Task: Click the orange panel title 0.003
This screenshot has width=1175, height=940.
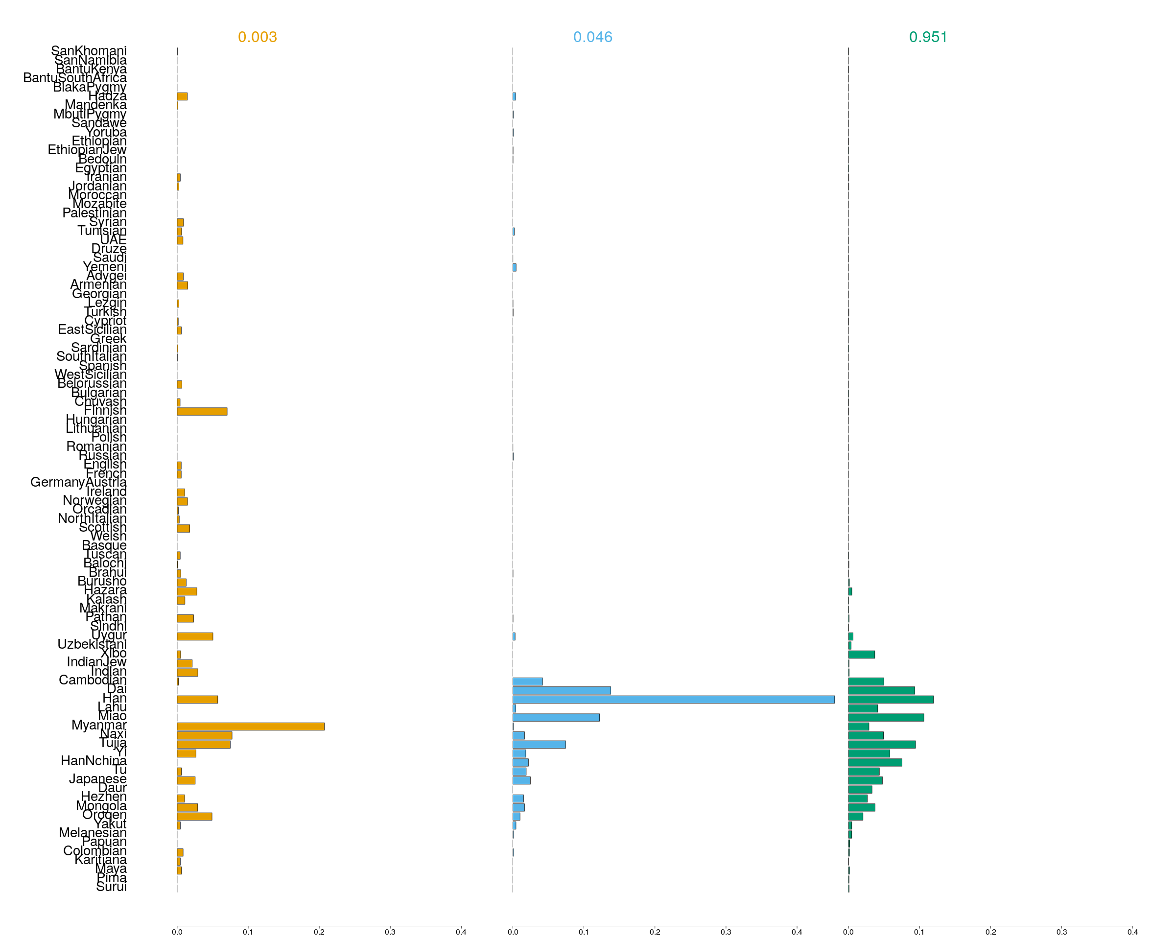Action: tap(257, 37)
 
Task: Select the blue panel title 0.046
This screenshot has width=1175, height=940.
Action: tap(592, 37)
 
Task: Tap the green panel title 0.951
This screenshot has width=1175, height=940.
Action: tap(928, 37)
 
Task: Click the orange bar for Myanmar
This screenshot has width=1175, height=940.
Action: tap(250, 727)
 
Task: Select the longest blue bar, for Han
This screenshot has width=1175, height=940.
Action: tap(673, 699)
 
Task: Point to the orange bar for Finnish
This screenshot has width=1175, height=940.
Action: tap(202, 411)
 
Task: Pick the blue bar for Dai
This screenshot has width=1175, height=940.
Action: tap(562, 690)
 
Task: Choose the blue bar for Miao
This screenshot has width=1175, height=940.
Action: tap(556, 717)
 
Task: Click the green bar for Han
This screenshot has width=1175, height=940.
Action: tap(891, 699)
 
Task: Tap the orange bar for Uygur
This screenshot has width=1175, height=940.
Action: tap(194, 636)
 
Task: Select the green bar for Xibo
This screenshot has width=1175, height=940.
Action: tap(861, 655)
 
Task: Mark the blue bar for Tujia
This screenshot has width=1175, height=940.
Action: tap(539, 744)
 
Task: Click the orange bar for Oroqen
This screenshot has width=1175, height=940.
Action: tap(194, 816)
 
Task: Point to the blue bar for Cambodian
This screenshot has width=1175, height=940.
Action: tap(528, 681)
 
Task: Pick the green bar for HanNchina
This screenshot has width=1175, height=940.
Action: tap(875, 762)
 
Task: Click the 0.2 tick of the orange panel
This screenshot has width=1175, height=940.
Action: tap(319, 932)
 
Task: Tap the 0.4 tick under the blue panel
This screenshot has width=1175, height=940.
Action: tap(797, 932)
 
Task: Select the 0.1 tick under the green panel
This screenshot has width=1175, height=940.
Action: tap(919, 932)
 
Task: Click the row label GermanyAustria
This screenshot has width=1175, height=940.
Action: tap(78, 482)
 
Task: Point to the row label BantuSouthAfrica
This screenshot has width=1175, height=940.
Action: tap(75, 78)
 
